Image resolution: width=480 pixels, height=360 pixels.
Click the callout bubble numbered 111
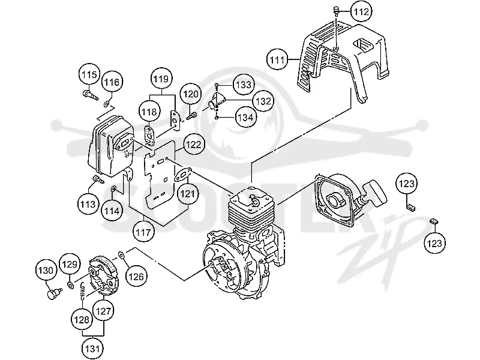277,59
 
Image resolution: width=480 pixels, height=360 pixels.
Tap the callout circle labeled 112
362,12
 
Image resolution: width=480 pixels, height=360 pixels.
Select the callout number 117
143,232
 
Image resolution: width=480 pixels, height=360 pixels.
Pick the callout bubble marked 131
92,349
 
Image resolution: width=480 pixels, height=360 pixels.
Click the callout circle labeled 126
136,277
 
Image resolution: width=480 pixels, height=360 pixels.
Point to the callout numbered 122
194,144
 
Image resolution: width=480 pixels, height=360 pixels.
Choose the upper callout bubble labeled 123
407,184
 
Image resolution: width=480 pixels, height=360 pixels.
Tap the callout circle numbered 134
245,117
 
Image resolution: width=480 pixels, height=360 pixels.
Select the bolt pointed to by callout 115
91,94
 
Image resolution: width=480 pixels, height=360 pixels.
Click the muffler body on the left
111,146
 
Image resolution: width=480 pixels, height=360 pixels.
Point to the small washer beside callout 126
121,254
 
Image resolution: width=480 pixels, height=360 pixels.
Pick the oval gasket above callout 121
183,175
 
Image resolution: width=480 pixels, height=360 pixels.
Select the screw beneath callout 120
191,116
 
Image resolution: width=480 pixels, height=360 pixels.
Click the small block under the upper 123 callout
410,207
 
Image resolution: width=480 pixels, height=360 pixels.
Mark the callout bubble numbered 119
161,79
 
